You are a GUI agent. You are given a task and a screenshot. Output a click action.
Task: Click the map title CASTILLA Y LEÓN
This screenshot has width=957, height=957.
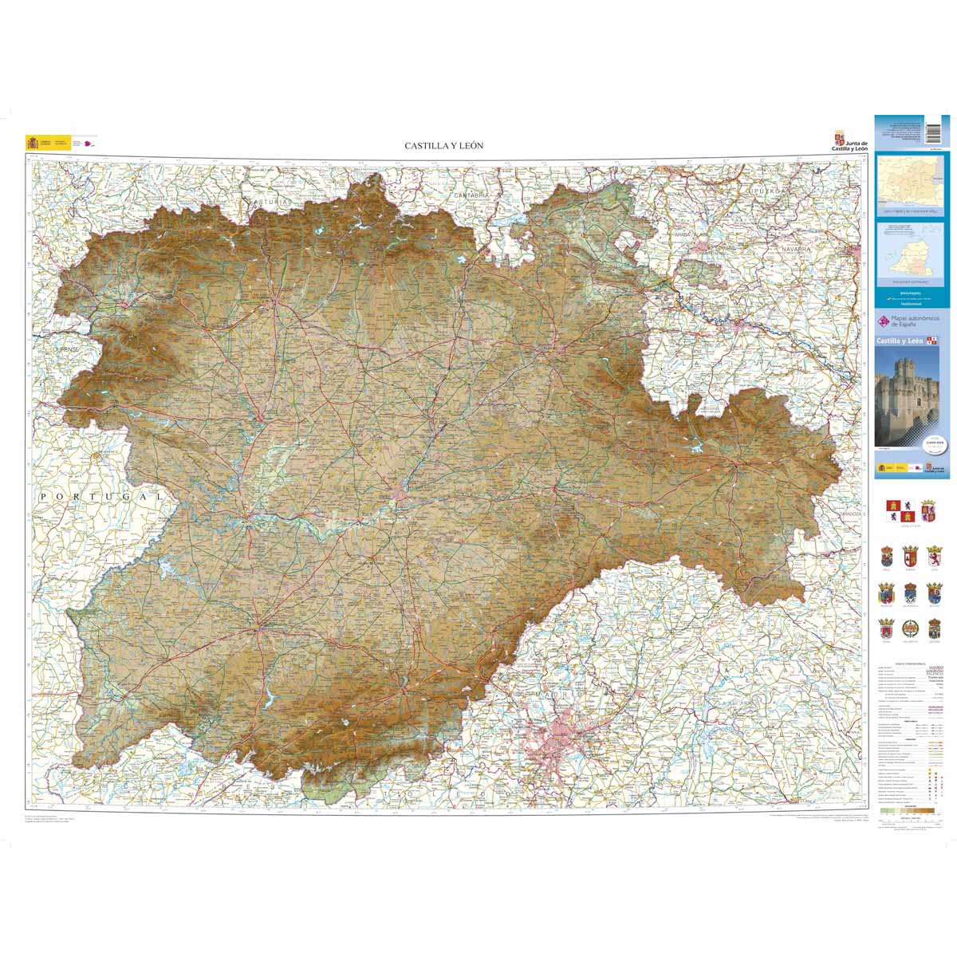point(443,146)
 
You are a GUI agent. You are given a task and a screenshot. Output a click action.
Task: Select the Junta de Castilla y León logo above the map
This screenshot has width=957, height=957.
point(849,141)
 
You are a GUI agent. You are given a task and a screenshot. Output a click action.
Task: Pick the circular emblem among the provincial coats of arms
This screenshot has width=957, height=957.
point(934,630)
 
